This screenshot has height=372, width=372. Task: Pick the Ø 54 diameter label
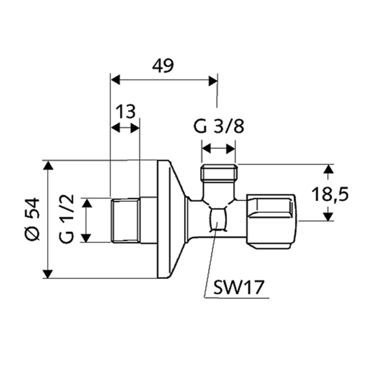pos(32,220)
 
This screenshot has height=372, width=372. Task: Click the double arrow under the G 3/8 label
pos(219,148)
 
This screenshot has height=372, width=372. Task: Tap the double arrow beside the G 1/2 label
pos(87,220)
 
